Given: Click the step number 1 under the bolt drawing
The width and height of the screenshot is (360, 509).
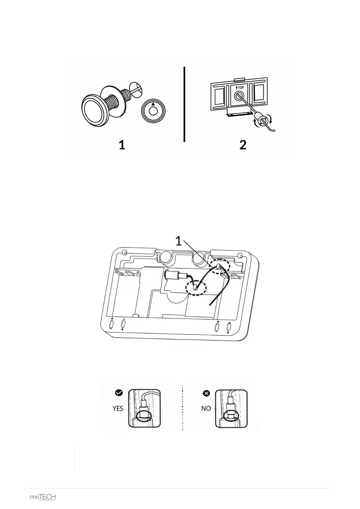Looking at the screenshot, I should tap(122, 145).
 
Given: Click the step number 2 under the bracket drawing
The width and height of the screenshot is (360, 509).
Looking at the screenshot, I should tap(243, 145).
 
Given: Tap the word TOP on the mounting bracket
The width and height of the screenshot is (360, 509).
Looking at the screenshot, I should tap(241, 88).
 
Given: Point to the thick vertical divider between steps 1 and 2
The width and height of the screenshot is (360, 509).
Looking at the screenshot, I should tap(184, 104).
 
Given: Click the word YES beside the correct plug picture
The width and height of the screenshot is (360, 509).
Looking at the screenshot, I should tap(118, 408).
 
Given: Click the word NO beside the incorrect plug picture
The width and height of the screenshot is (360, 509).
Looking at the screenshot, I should tap(206, 408).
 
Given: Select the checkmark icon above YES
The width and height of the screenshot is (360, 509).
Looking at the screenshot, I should tap(119, 393).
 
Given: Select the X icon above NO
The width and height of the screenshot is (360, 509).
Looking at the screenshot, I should tap(206, 393).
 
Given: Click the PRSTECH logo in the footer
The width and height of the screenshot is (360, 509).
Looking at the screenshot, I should tap(43, 497).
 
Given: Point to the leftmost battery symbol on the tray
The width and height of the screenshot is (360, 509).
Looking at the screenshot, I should tap(111, 324).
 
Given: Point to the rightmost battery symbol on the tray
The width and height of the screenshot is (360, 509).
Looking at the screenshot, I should tap(229, 327).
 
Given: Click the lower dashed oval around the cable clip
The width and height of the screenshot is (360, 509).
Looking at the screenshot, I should tap(196, 287).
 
